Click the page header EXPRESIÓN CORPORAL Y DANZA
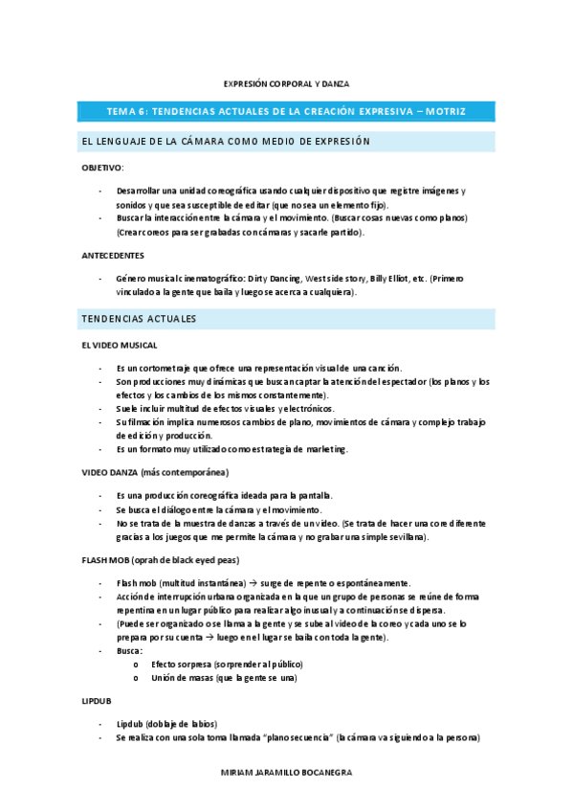[286, 83]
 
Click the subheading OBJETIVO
[102, 168]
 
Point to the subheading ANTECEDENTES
[112, 256]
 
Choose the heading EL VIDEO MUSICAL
[119, 344]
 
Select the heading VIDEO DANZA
[110, 472]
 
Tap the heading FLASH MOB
[108, 560]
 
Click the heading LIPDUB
[96, 701]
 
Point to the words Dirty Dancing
[274, 279]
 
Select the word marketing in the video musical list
[324, 449]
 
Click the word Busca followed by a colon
[129, 650]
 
